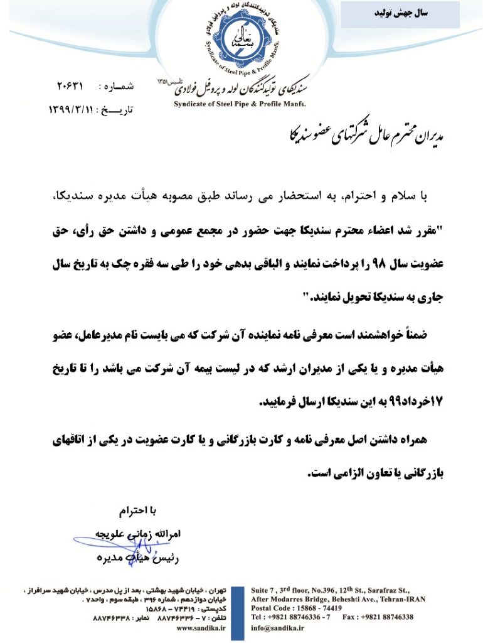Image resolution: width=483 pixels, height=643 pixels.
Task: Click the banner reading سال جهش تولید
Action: (x=400, y=14)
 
